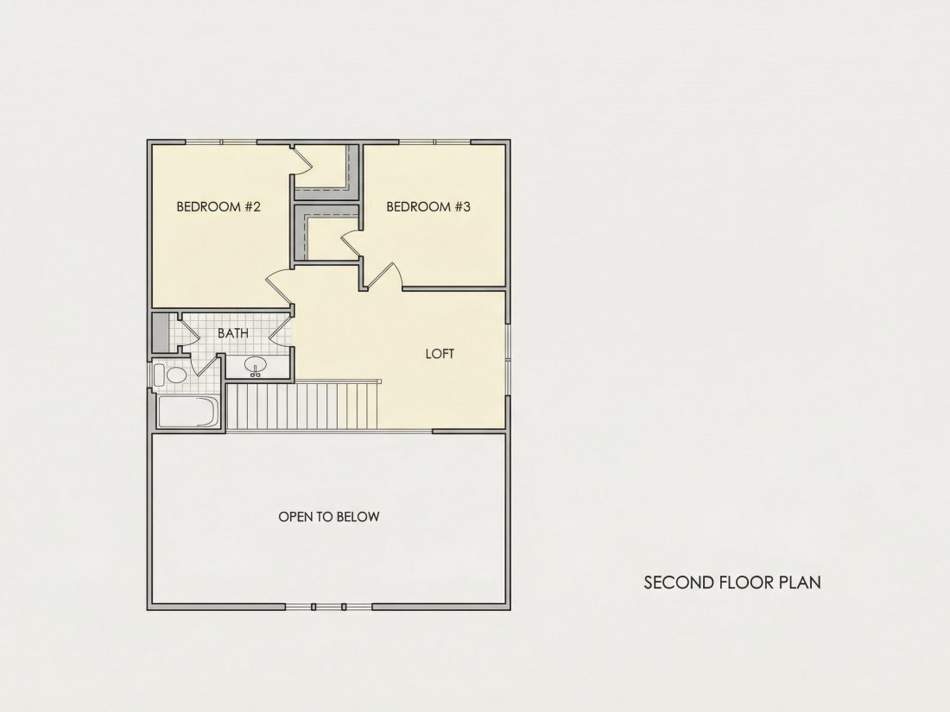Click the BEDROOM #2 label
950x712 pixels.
pos(218,206)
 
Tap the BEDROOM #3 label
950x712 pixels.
pos(428,206)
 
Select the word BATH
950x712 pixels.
pos(233,333)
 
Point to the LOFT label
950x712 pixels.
pos(440,354)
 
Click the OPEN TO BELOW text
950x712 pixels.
pos(329,516)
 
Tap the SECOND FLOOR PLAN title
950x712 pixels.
pos(732,583)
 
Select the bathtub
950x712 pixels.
pos(187,412)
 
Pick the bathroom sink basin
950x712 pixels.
pos(256,365)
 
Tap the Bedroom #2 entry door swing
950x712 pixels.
pos(278,287)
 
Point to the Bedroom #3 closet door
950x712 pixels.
pos(351,244)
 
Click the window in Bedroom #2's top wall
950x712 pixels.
pos(221,142)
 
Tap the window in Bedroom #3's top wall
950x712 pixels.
pos(435,142)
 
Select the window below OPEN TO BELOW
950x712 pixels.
pos(328,607)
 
